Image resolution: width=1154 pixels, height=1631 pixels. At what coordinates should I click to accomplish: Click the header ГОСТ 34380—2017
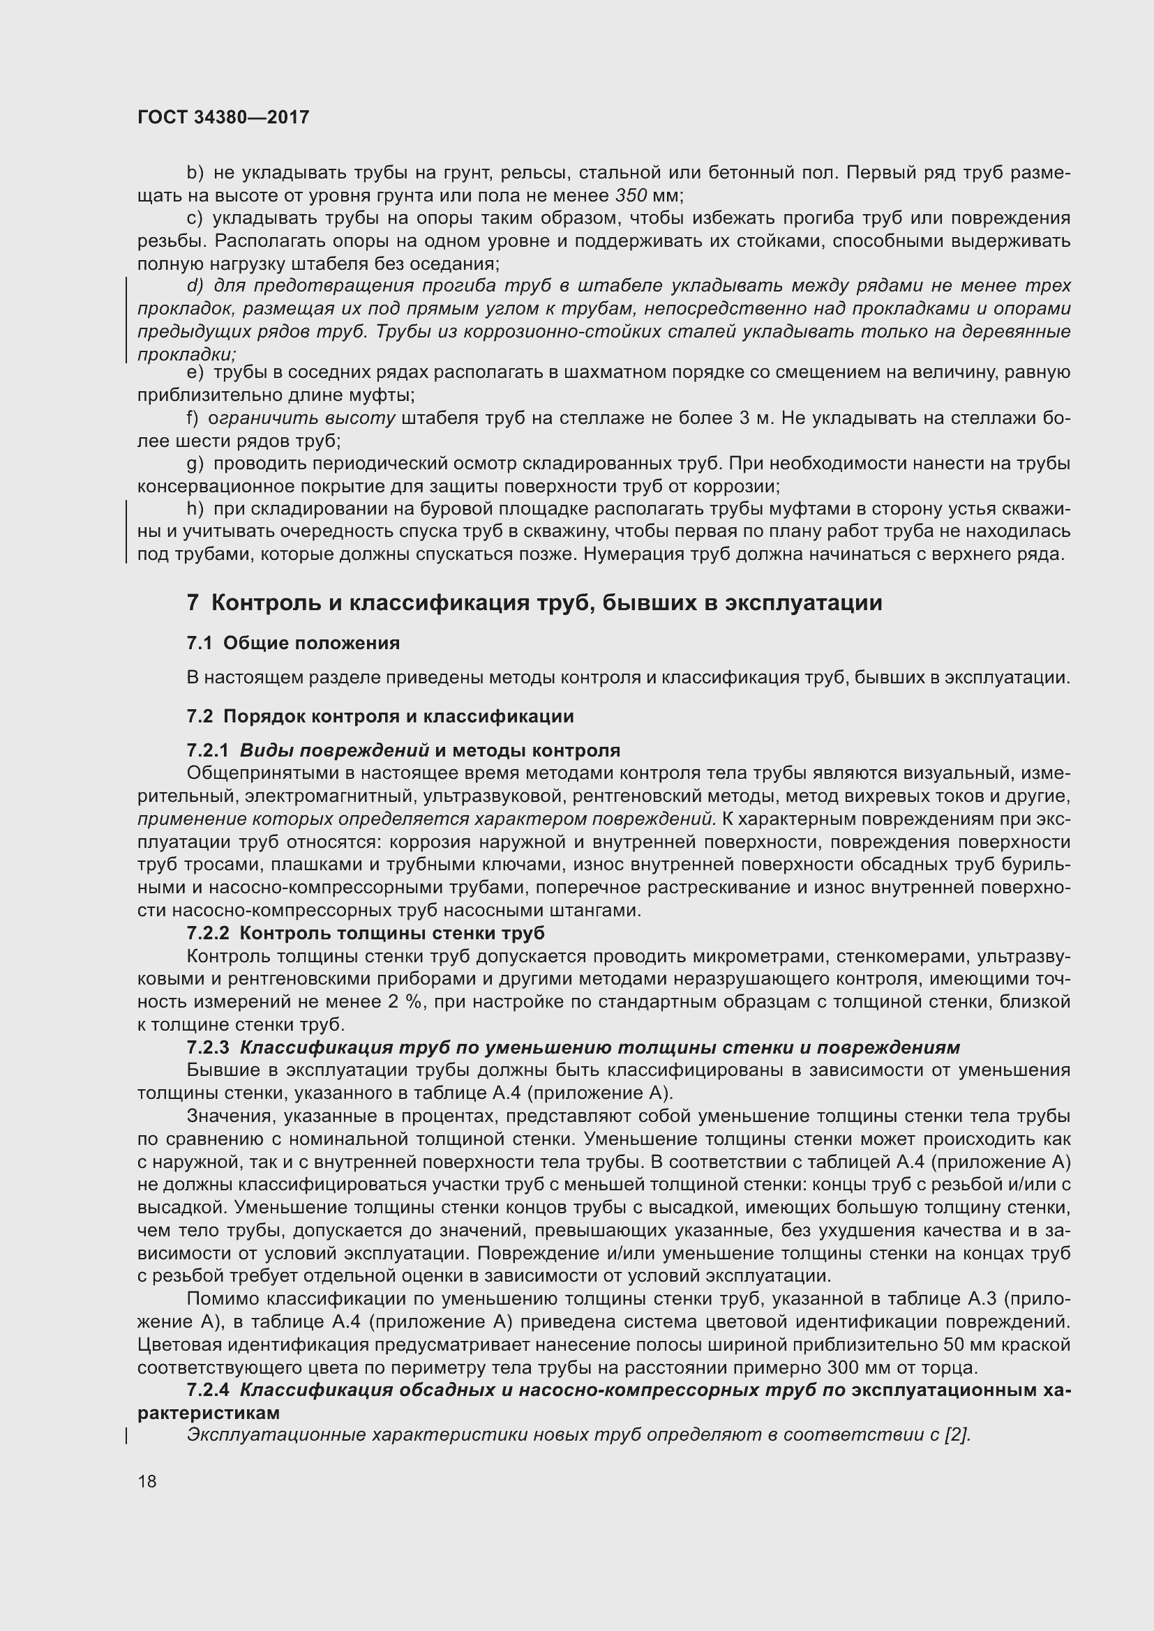(223, 117)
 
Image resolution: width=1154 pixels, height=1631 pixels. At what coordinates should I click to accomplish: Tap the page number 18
(147, 1481)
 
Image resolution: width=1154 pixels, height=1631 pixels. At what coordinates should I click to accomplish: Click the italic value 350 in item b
(630, 195)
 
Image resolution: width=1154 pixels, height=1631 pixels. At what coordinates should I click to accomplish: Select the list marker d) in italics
(195, 286)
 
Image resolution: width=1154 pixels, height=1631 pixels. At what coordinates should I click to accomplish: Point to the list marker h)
(195, 508)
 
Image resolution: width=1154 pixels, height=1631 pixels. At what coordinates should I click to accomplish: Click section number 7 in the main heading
(193, 602)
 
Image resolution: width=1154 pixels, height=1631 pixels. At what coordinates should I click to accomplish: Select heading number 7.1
(200, 643)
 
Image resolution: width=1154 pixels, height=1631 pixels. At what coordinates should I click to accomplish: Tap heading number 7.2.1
(207, 750)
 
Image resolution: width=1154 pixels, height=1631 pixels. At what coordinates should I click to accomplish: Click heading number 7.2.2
(207, 933)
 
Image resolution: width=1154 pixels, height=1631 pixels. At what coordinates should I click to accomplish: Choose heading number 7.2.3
(207, 1047)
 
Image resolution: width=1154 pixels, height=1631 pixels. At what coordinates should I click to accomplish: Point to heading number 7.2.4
(207, 1390)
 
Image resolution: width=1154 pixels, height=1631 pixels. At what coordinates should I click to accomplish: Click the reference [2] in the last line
(956, 1434)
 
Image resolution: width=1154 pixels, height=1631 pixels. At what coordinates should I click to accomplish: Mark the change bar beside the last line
(126, 1435)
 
